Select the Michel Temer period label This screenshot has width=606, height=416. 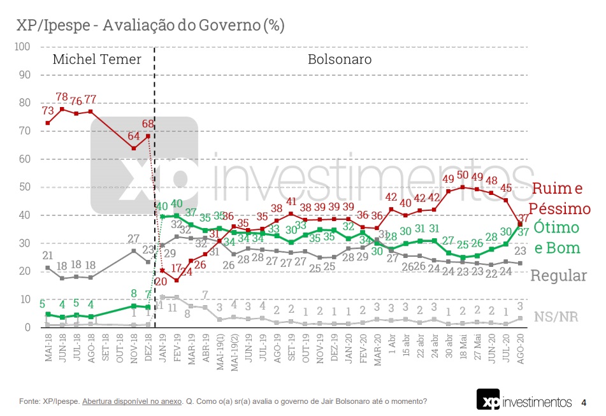point(97,60)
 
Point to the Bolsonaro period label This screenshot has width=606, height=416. point(340,60)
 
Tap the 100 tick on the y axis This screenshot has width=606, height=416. point(23,47)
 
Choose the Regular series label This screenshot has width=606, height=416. point(558,276)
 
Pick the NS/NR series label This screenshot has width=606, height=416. point(556,317)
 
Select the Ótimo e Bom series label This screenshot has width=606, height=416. point(556,237)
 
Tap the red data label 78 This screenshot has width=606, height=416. point(62,97)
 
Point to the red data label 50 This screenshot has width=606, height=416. point(463,175)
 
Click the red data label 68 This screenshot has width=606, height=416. point(147,124)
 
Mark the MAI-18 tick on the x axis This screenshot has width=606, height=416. point(48,348)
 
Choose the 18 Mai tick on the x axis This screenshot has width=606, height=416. point(463,348)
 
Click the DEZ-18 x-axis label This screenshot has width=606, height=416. point(148,348)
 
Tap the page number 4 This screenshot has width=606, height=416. point(584,403)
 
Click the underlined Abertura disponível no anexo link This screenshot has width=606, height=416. point(132,401)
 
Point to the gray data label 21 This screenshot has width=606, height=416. point(48,255)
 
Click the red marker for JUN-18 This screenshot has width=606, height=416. point(62,109)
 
